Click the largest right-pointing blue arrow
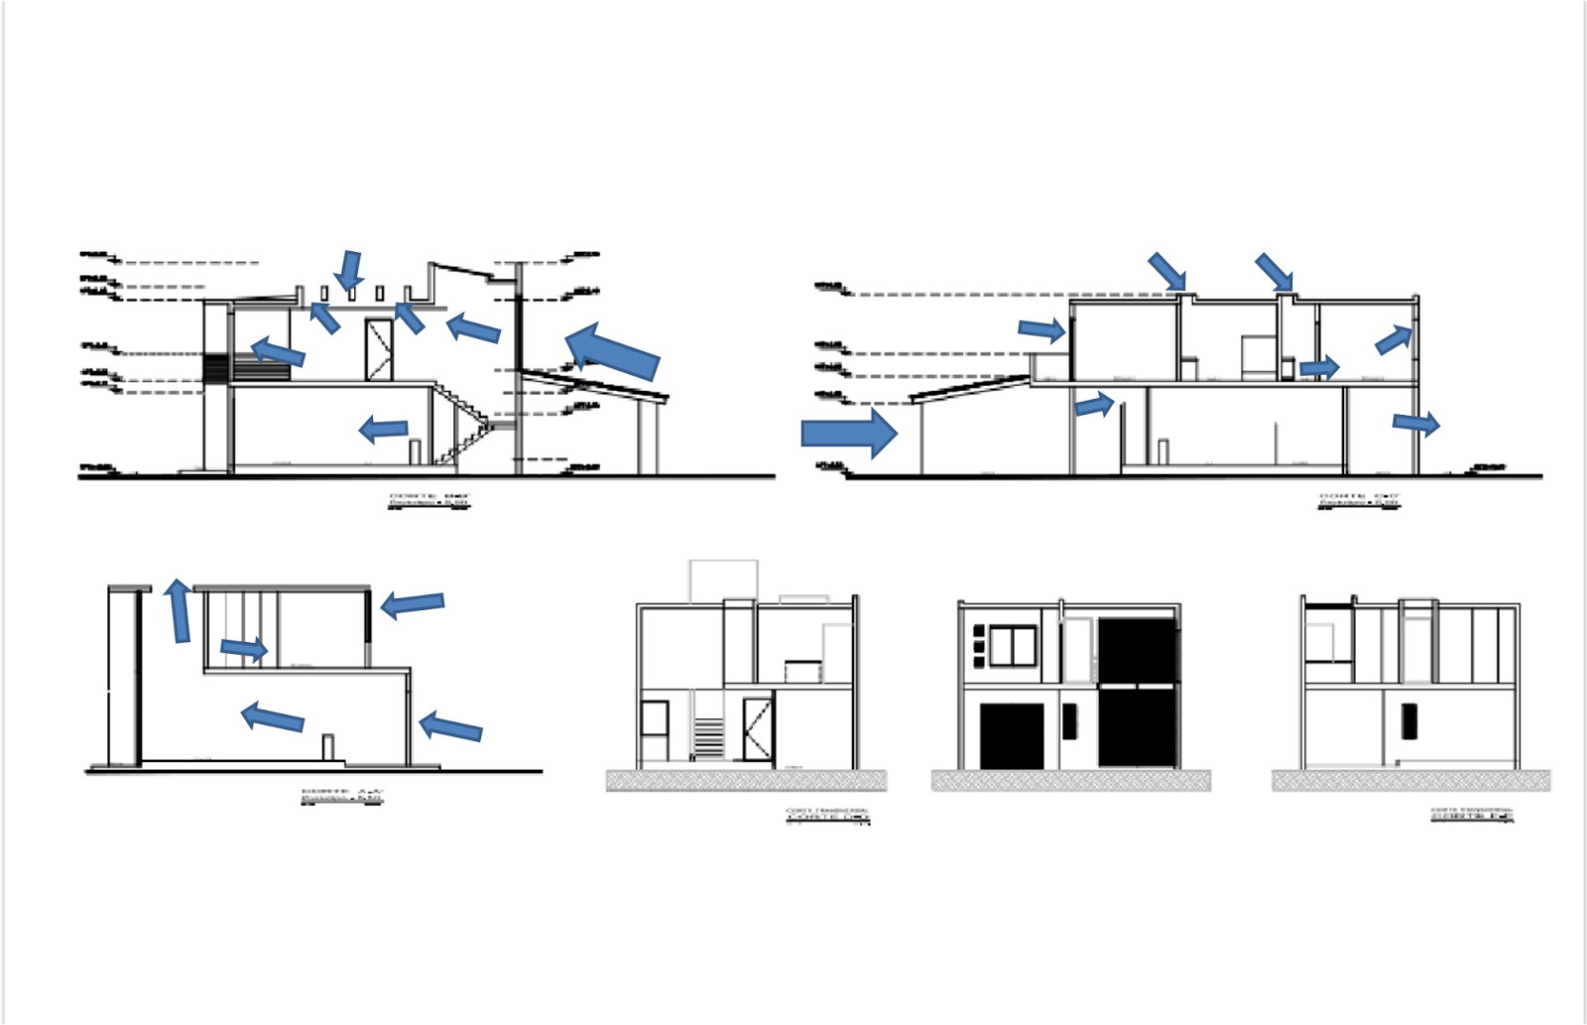tap(849, 434)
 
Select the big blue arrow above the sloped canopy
tap(612, 350)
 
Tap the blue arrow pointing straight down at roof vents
tap(349, 270)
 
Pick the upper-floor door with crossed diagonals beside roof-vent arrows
tap(379, 349)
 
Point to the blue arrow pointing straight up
tap(179, 610)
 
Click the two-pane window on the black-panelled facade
tap(1013, 647)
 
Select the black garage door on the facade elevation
tap(1012, 736)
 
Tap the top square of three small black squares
tap(979, 631)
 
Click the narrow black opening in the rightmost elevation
tap(1408, 721)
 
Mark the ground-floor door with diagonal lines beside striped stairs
tap(758, 729)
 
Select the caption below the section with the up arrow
tap(342, 796)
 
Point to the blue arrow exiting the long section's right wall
tap(1415, 424)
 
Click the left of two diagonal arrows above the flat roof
tap(1167, 271)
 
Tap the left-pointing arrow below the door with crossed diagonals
tap(384, 430)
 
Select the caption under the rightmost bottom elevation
tap(1472, 815)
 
